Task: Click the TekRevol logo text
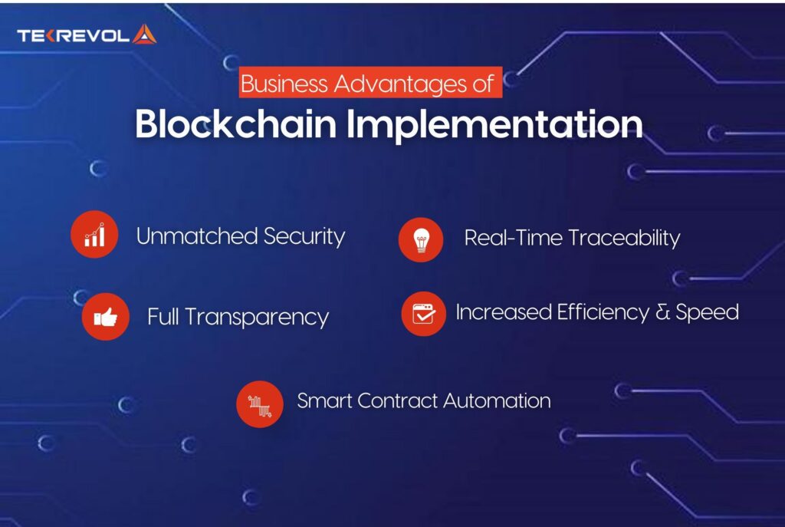pyautogui.click(x=73, y=35)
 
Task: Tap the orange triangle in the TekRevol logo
pyautogui.click(x=144, y=34)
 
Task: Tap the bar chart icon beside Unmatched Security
pyautogui.click(x=94, y=236)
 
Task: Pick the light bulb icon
pyautogui.click(x=421, y=239)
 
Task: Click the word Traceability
pyautogui.click(x=624, y=239)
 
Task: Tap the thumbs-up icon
pyautogui.click(x=105, y=317)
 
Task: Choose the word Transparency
pyautogui.click(x=257, y=318)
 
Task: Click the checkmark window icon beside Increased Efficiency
pyautogui.click(x=423, y=314)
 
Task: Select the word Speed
pyautogui.click(x=706, y=313)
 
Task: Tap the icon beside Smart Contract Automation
pyautogui.click(x=260, y=403)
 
